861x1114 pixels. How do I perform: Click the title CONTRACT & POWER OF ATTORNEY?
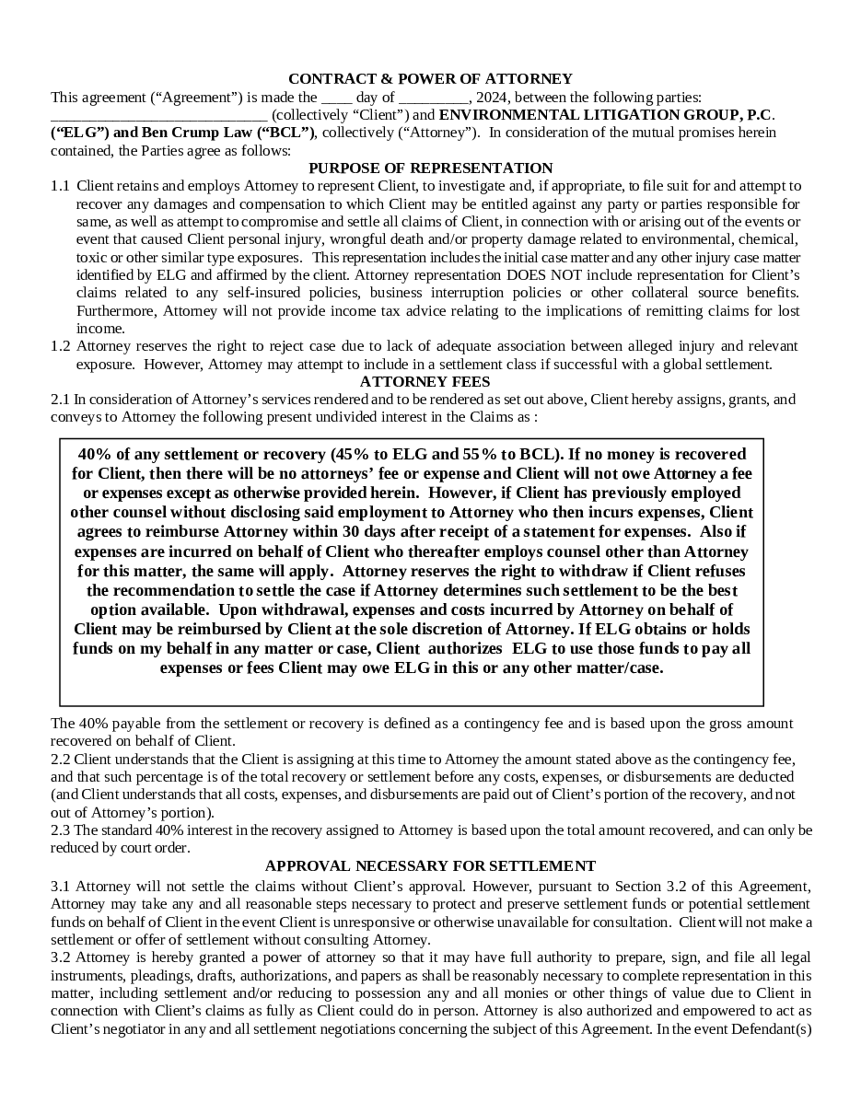(430, 79)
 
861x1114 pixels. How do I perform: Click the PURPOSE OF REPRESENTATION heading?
(430, 168)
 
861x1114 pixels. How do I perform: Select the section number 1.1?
(60, 186)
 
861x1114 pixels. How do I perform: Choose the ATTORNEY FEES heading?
(425, 382)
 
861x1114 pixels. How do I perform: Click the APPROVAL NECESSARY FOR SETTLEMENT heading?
(430, 866)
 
